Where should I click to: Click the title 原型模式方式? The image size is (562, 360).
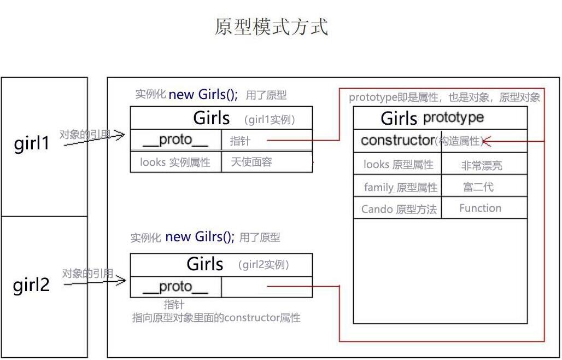point(271,26)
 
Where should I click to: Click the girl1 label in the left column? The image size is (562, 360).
point(31,143)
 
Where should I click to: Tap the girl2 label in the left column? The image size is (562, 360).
point(31,284)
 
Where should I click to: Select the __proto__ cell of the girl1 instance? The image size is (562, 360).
point(175,140)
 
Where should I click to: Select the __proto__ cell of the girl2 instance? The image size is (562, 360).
point(175,287)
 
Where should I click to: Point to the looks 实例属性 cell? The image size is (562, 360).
point(175,162)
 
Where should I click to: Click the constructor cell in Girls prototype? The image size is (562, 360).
point(397,141)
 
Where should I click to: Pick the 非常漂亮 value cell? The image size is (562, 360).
point(482,165)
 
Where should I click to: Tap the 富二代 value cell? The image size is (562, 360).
point(478,187)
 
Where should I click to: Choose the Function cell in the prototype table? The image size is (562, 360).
point(480,208)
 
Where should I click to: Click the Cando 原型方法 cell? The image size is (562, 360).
point(399,209)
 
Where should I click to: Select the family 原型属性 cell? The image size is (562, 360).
point(400,188)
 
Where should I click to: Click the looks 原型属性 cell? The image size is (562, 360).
point(398,165)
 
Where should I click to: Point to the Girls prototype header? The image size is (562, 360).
point(432,118)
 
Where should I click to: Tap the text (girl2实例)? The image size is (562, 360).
point(264,265)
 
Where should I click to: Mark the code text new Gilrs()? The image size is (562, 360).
point(200,237)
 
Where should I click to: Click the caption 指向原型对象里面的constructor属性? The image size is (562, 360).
point(216,318)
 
